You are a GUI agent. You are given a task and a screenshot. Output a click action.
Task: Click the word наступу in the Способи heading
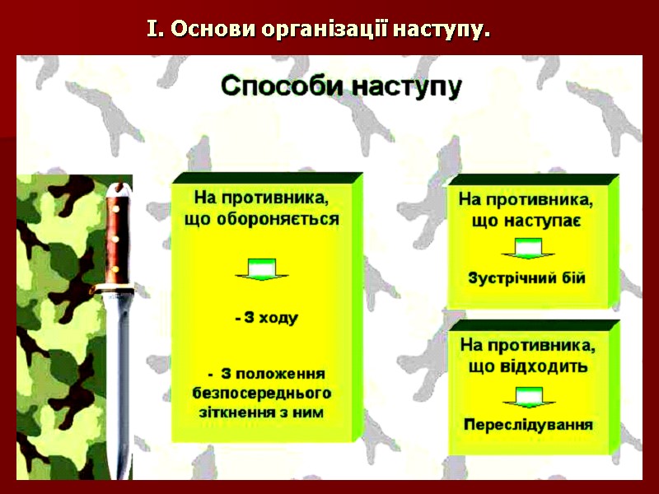coord(409,88)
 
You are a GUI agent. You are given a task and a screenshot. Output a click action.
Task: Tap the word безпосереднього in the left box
coord(261,392)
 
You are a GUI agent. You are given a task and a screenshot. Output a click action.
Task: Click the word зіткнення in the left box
coord(236,411)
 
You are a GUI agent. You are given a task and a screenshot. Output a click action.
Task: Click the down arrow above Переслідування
coord(527,397)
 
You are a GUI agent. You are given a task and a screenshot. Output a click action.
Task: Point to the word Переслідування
coord(528,425)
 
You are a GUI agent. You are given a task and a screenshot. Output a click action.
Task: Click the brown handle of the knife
coord(117,239)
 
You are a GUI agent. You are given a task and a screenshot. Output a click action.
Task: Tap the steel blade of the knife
coord(120,370)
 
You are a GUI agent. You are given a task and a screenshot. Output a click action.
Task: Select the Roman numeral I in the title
coord(151,31)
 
